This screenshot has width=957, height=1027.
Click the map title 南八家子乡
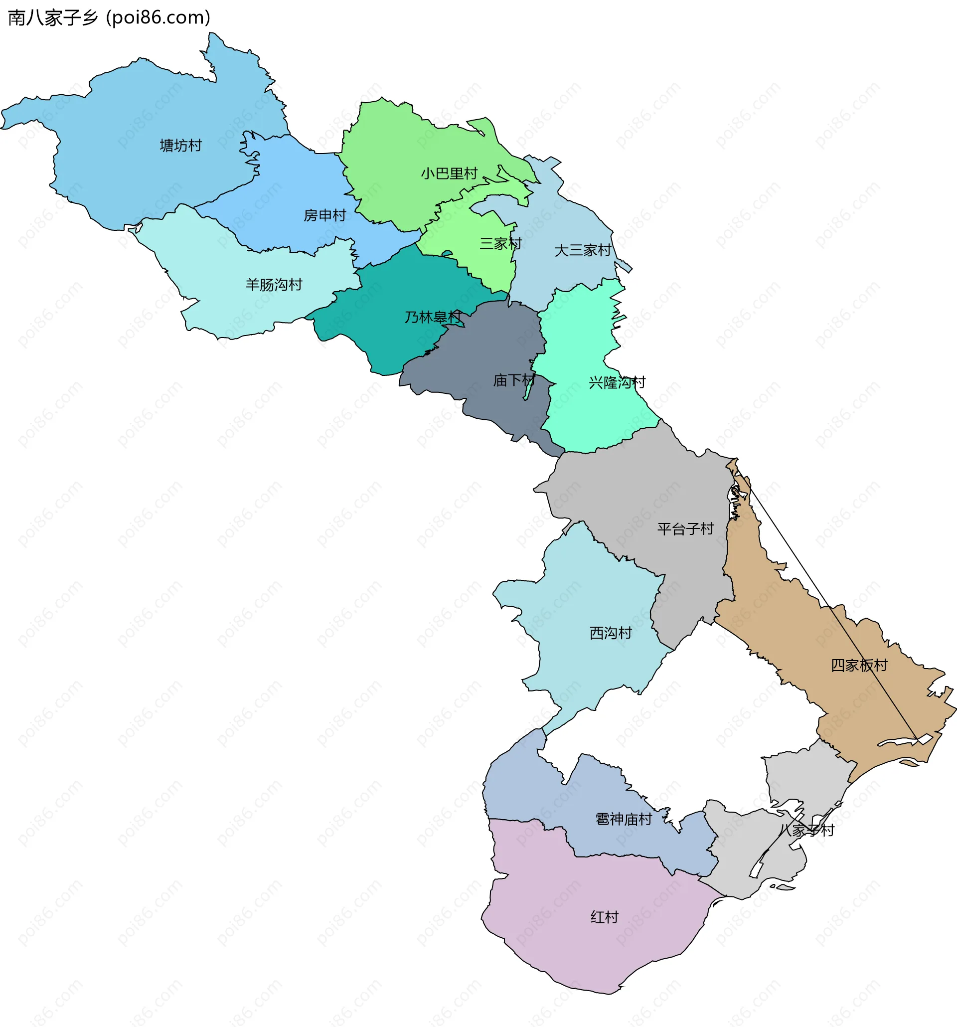click(53, 18)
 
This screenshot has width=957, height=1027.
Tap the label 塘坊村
click(180, 146)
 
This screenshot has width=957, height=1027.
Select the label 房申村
click(324, 215)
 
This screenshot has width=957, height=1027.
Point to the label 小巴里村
click(449, 173)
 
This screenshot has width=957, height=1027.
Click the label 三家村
click(500, 243)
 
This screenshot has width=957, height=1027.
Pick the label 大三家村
click(583, 251)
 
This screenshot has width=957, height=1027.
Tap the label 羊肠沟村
click(274, 285)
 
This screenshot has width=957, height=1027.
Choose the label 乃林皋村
click(433, 317)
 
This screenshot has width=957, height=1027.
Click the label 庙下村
click(514, 380)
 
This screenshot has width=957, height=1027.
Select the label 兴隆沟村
click(617, 382)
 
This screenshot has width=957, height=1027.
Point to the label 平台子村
click(685, 528)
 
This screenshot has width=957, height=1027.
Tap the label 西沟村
click(611, 633)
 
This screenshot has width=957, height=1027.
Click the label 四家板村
click(859, 666)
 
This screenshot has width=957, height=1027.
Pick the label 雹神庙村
click(624, 819)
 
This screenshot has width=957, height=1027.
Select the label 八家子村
click(806, 830)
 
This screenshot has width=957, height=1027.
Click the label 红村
click(604, 917)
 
